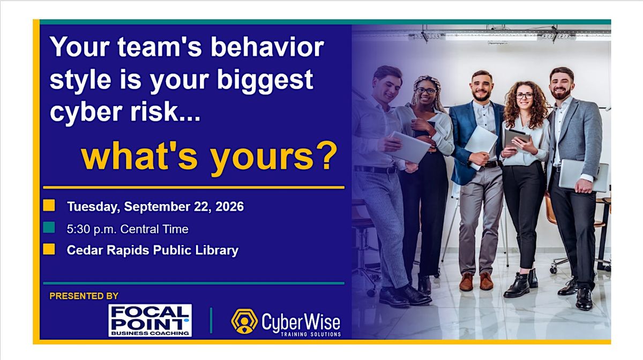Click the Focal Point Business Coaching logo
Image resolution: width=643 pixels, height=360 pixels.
[x=150, y=320]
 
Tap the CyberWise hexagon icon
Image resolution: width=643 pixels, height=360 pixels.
[x=244, y=321]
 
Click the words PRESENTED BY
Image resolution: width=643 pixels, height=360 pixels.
[x=84, y=296]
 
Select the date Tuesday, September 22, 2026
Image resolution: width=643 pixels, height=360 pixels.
[x=155, y=207]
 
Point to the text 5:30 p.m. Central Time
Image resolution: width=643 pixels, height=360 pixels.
[x=128, y=229]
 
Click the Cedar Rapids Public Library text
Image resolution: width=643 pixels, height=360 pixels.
[x=152, y=250]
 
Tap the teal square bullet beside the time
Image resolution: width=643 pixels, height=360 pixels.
[x=49, y=227]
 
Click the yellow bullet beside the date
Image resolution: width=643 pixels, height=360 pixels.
[x=49, y=206]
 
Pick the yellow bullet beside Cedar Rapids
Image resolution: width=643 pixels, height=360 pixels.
[x=49, y=249]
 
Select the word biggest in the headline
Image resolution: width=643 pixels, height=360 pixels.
[x=265, y=81]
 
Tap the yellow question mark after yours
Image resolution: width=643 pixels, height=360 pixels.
[x=328, y=155]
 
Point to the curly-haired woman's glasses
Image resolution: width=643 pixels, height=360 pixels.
[x=525, y=96]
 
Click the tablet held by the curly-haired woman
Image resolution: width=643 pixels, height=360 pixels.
[x=517, y=138]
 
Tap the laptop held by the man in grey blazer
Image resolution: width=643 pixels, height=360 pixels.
[x=584, y=175]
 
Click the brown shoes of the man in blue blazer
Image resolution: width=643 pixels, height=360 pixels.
[x=476, y=281]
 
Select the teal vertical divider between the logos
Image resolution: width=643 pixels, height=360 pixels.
[x=211, y=320]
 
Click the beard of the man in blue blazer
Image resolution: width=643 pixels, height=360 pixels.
[x=481, y=96]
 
